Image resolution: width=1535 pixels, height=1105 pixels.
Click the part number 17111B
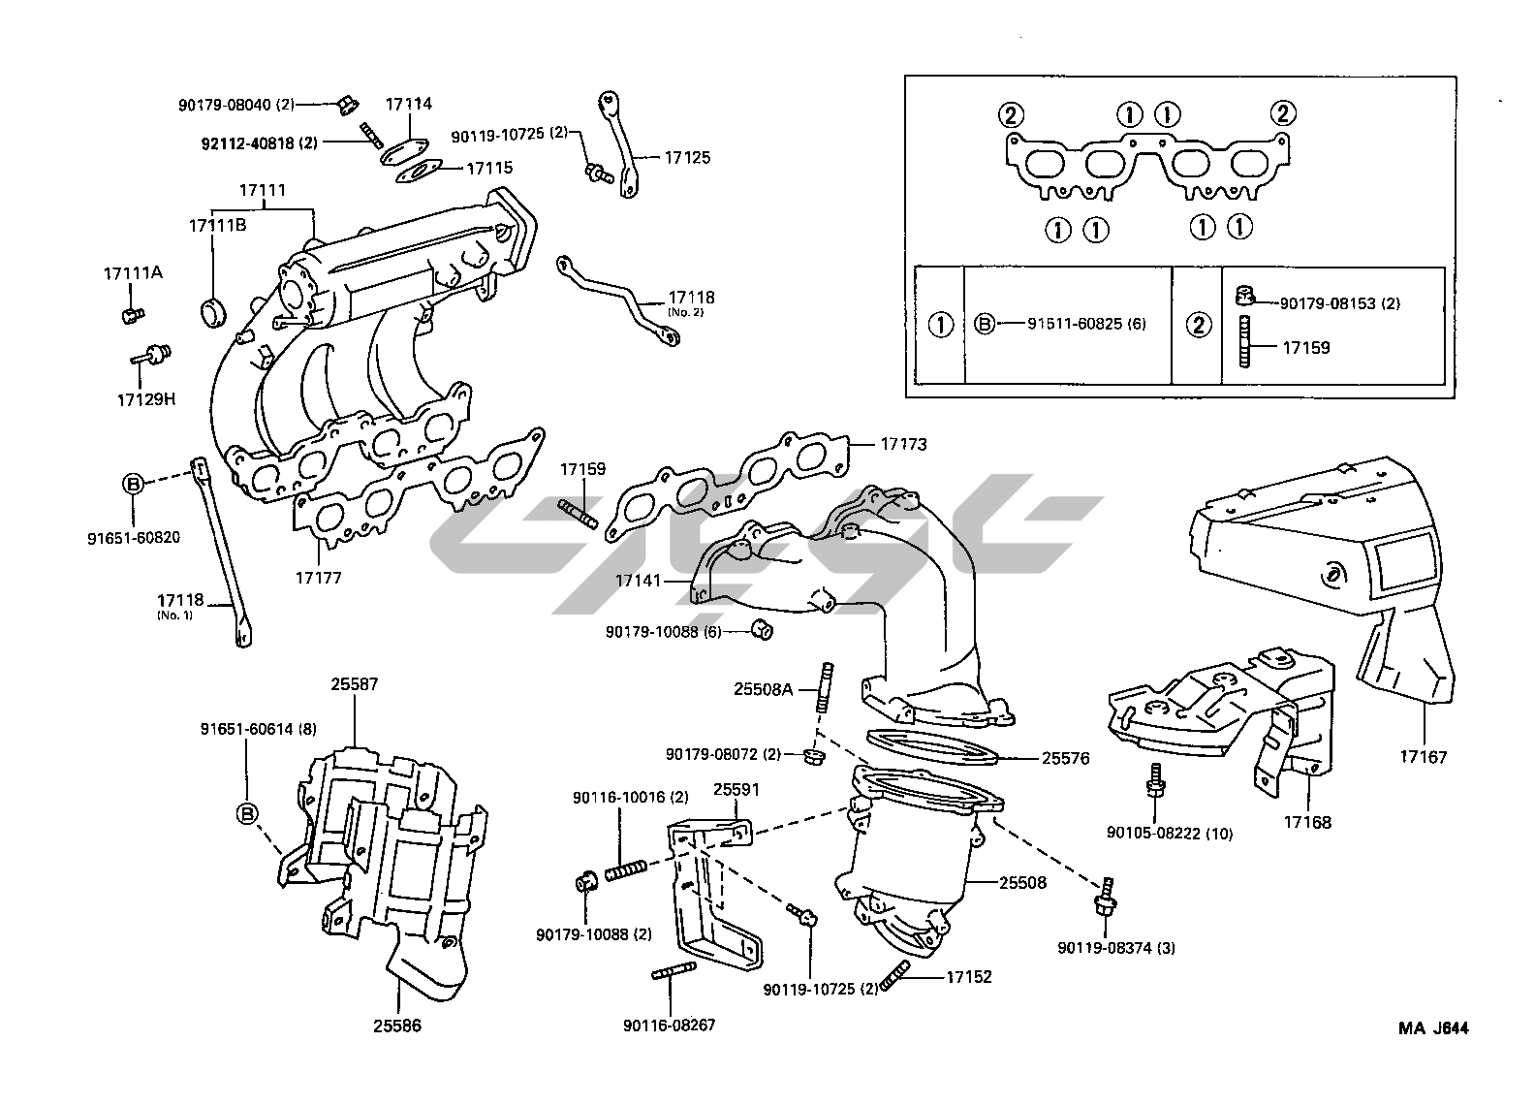click(217, 225)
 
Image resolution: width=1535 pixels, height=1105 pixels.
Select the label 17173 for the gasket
click(903, 445)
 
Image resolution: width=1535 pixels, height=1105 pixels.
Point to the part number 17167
click(1424, 757)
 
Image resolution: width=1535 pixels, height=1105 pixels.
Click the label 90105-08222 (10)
click(1170, 833)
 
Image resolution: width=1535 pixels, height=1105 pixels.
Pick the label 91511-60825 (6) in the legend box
click(1086, 324)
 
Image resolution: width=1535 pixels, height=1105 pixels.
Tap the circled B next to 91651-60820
click(133, 483)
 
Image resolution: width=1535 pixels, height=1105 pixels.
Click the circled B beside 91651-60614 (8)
click(247, 813)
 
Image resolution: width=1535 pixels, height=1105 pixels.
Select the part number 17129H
click(146, 398)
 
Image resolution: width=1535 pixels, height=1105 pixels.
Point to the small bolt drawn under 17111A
click(132, 314)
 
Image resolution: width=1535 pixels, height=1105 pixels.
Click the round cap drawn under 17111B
click(213, 312)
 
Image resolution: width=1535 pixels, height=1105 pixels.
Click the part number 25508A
click(764, 689)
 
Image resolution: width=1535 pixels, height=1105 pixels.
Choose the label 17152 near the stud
click(969, 977)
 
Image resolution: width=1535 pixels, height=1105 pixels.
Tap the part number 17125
click(687, 157)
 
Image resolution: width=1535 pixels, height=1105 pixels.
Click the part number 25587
click(354, 684)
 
